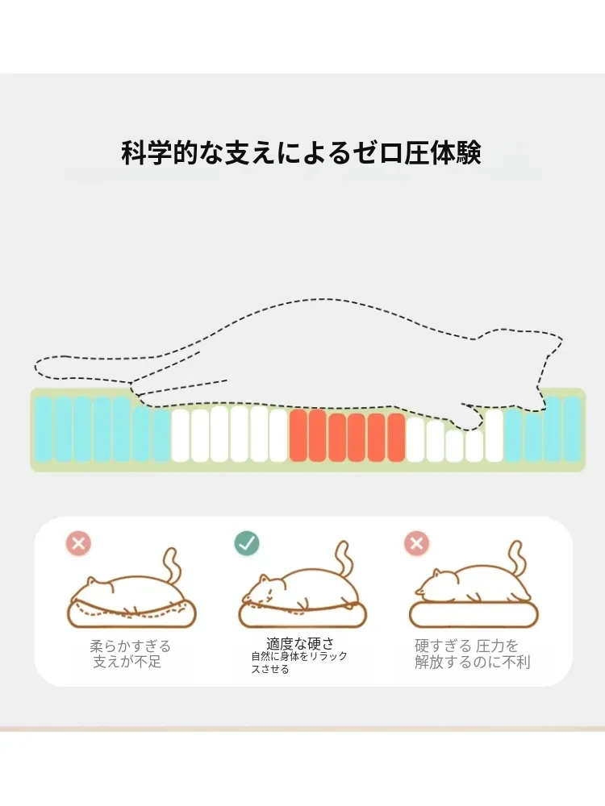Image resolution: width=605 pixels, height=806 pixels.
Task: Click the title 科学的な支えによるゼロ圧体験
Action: tap(302, 152)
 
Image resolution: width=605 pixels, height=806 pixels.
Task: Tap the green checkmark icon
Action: tap(247, 543)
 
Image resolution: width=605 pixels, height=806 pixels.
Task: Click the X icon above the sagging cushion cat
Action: tap(78, 543)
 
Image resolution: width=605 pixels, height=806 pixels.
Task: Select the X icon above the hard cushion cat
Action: tap(417, 543)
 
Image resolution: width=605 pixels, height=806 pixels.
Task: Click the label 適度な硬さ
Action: tap(299, 643)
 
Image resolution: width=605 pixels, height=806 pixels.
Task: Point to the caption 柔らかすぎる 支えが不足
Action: tap(130, 654)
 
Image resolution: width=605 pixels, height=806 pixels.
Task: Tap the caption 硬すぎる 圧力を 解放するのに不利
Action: tap(472, 654)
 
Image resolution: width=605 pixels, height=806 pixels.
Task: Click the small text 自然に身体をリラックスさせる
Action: tap(299, 662)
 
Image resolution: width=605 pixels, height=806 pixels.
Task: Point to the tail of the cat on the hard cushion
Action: tap(518, 559)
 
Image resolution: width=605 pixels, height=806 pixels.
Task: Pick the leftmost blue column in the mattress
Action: tap(44, 429)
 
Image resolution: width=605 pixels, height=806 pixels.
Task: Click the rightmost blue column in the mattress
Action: tap(572, 429)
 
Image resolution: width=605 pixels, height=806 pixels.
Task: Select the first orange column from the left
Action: tap(298, 435)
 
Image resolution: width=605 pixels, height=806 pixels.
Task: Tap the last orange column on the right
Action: tap(396, 437)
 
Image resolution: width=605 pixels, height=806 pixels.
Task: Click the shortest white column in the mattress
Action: tap(454, 446)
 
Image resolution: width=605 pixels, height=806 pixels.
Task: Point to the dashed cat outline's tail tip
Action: tap(37, 365)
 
